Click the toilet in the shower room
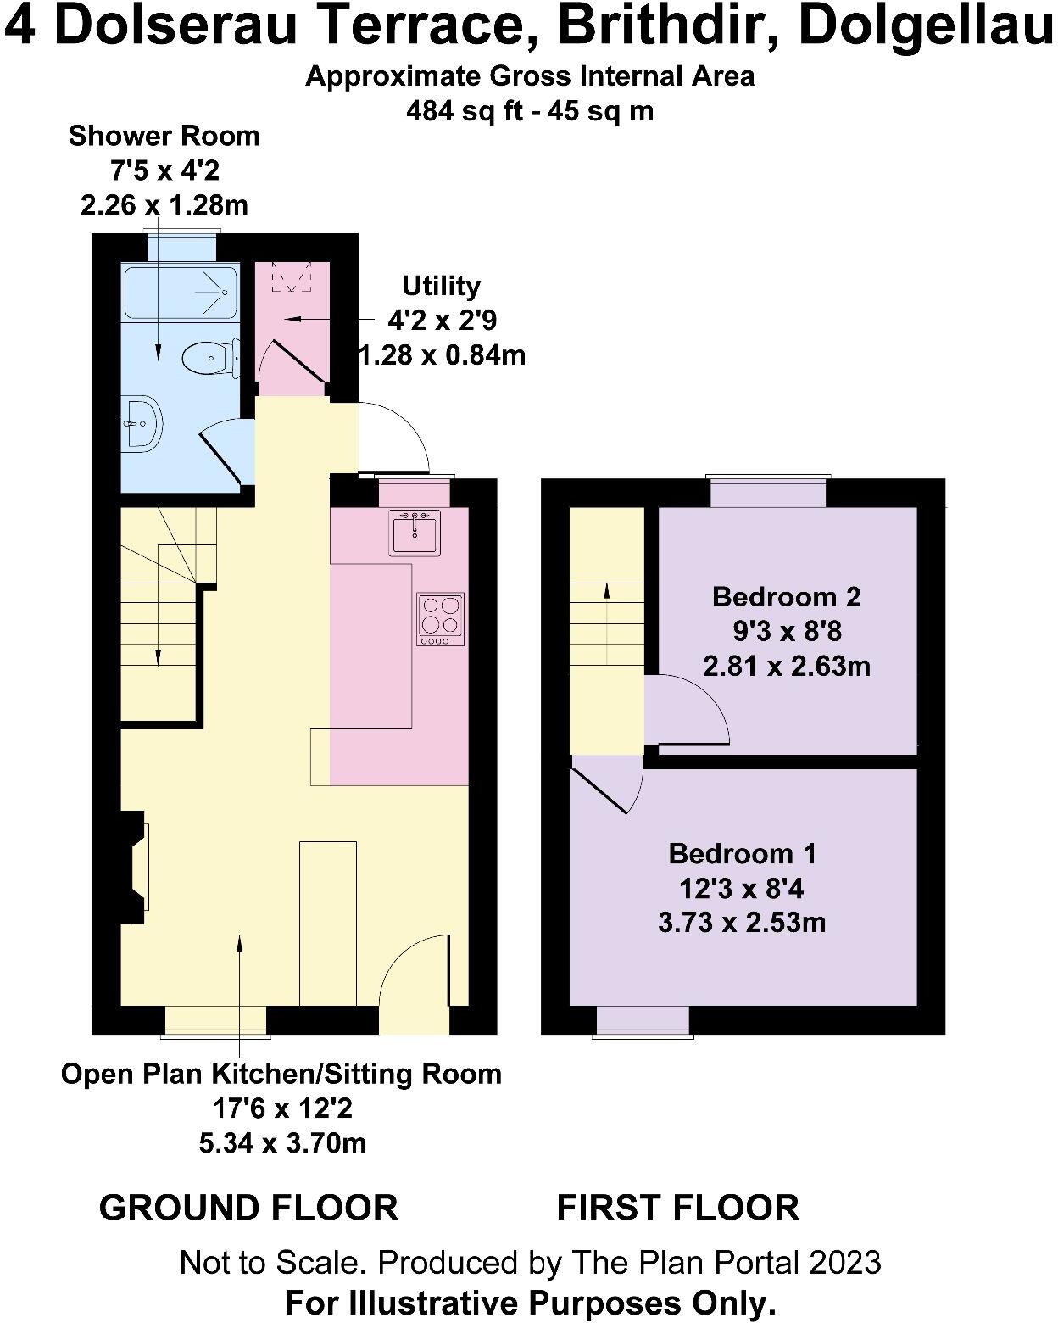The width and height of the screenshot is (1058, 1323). click(x=208, y=358)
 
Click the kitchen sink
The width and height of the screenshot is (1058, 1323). click(x=415, y=533)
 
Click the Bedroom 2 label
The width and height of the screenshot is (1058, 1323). click(x=786, y=596)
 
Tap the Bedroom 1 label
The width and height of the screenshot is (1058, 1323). click(x=742, y=853)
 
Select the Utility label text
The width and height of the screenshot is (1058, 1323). click(x=441, y=286)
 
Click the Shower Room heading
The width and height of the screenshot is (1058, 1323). click(x=164, y=136)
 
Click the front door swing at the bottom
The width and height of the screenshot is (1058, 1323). click(x=414, y=975)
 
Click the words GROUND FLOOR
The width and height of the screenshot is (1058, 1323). click(x=248, y=1207)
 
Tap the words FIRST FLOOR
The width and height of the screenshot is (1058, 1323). click(x=677, y=1207)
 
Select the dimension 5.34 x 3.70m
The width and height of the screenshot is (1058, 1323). click(x=282, y=1143)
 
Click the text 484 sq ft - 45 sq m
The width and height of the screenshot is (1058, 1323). click(x=530, y=111)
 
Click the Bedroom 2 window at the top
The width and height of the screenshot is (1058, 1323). click(x=768, y=492)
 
